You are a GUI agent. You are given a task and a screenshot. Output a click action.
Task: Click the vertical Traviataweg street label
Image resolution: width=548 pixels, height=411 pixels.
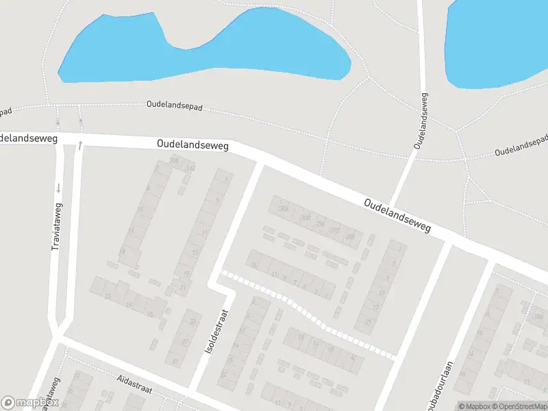click(57, 226)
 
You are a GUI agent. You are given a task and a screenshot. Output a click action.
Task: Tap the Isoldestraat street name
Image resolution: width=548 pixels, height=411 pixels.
click(215, 330)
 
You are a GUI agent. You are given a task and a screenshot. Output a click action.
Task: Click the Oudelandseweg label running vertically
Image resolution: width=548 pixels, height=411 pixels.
click(420, 121)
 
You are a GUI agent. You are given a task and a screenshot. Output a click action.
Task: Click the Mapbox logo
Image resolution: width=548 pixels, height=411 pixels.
click(30, 403)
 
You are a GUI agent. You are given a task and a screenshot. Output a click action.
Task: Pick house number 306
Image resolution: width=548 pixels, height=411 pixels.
click(284, 209)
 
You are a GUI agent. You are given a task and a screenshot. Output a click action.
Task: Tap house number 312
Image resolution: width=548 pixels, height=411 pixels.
click(190, 168)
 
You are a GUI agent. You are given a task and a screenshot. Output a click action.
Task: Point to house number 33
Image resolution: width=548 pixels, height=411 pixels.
click(192, 321)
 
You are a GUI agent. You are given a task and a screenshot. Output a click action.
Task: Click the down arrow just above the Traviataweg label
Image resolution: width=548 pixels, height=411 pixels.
click(59, 188)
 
